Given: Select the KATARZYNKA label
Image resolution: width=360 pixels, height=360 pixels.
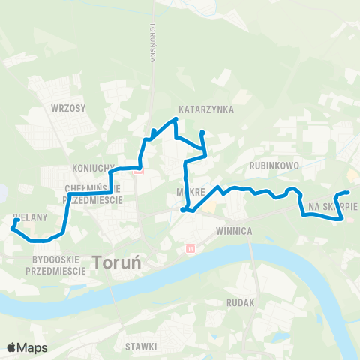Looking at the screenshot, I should coord(206,109).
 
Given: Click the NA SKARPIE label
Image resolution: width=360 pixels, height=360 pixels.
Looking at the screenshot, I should coord(333,206).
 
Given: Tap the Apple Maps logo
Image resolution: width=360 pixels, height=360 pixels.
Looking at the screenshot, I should coord(27,347).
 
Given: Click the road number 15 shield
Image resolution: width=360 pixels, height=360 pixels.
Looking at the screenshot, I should coord(190,249).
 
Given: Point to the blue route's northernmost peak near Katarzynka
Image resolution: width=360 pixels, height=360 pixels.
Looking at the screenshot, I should coord(175,118).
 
